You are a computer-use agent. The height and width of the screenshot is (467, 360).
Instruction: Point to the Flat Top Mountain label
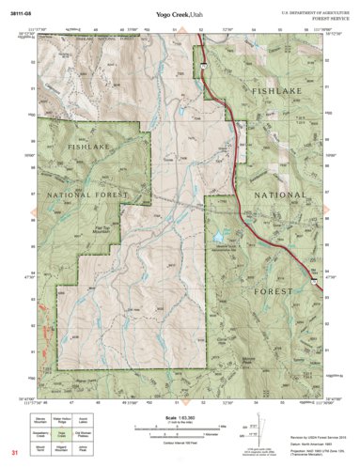click(x=105, y=227)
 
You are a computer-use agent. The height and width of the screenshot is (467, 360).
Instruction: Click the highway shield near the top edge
click(x=202, y=65)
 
